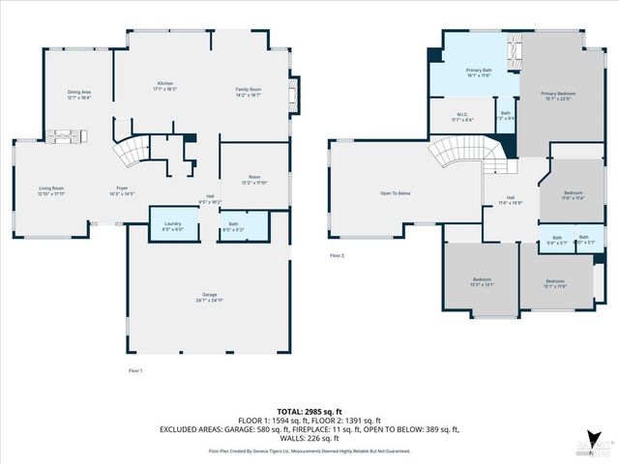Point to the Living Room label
coord(51,190)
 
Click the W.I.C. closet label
coord(462,117)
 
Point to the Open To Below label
coord(396,193)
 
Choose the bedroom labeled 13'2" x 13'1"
coord(482,281)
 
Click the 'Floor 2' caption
coord(337,255)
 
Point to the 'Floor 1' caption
coord(135,370)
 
